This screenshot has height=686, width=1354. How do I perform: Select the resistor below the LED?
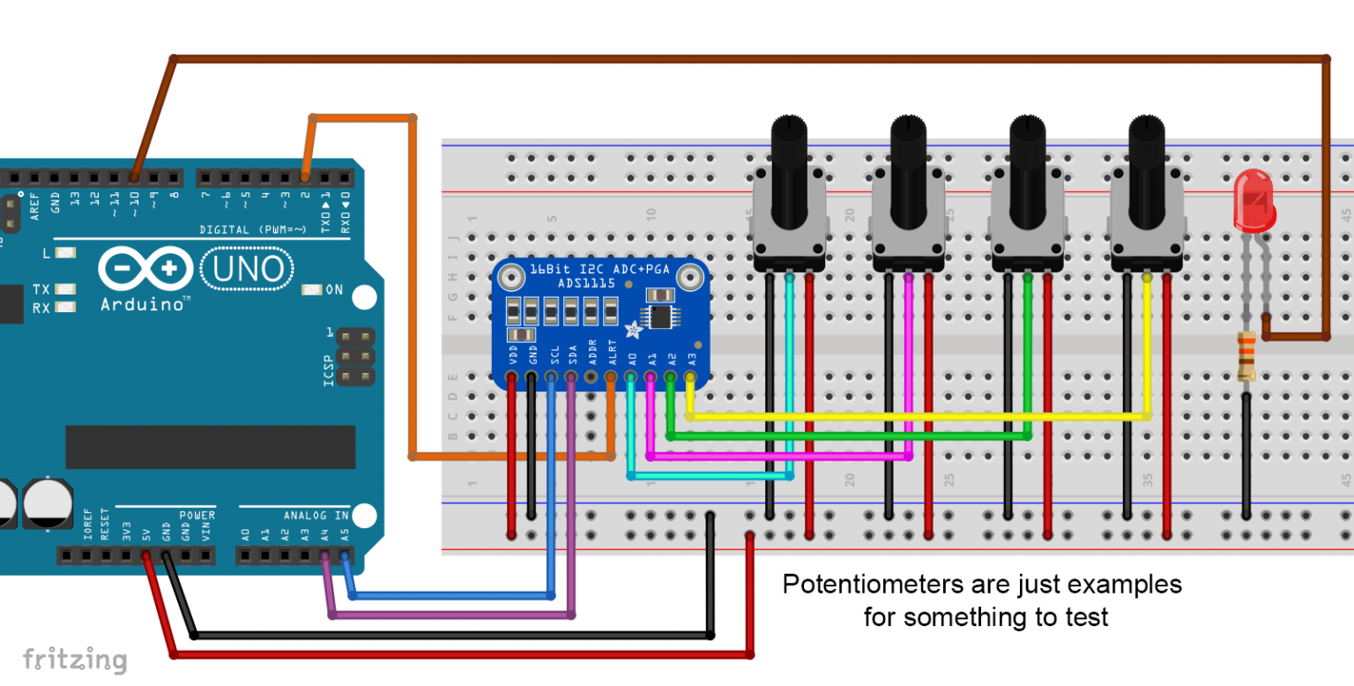1246,355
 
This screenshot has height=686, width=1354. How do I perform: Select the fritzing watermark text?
74,660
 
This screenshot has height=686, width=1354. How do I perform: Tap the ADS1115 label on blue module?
591,283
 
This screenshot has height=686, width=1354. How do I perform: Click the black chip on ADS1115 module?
658,316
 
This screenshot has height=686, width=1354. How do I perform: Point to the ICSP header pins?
354,357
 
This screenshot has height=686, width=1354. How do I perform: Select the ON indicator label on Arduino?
334,289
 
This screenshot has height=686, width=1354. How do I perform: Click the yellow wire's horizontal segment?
917,415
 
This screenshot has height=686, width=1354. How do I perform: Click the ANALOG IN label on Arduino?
316,515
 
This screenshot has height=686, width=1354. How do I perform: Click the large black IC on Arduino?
210,447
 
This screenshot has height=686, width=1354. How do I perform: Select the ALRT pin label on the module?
613,355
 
